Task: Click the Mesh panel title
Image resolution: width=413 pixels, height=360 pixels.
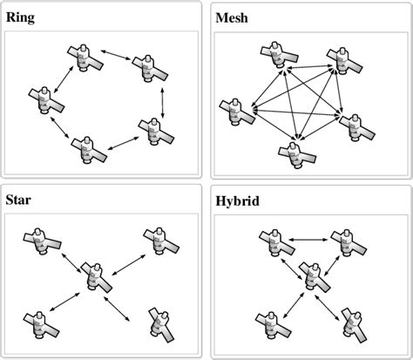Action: (x=231, y=15)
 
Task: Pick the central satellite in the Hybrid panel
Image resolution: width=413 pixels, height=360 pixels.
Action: (x=311, y=276)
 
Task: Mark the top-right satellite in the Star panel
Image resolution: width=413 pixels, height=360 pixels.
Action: (x=157, y=241)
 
